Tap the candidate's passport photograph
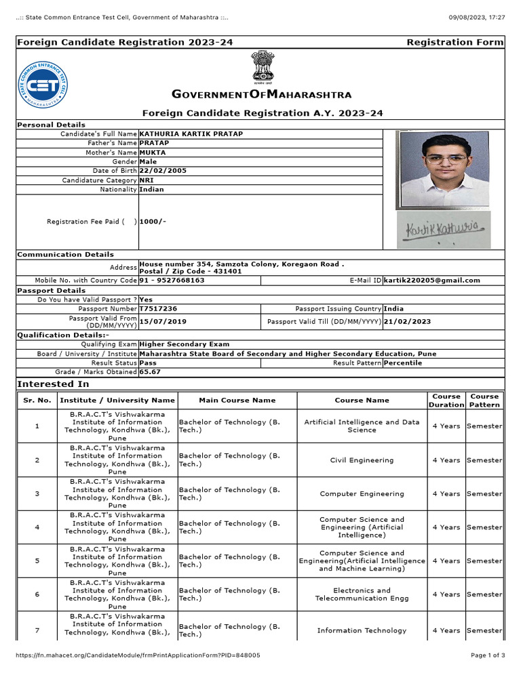click(444, 169)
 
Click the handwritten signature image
click(443, 230)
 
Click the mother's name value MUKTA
click(152, 152)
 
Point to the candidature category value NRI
click(147, 180)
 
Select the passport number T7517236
click(158, 308)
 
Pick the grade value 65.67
click(150, 371)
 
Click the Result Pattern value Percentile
click(402, 363)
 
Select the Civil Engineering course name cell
click(362, 460)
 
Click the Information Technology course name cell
click(362, 630)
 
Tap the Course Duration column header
click(446, 400)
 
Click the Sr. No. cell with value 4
click(37, 527)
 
